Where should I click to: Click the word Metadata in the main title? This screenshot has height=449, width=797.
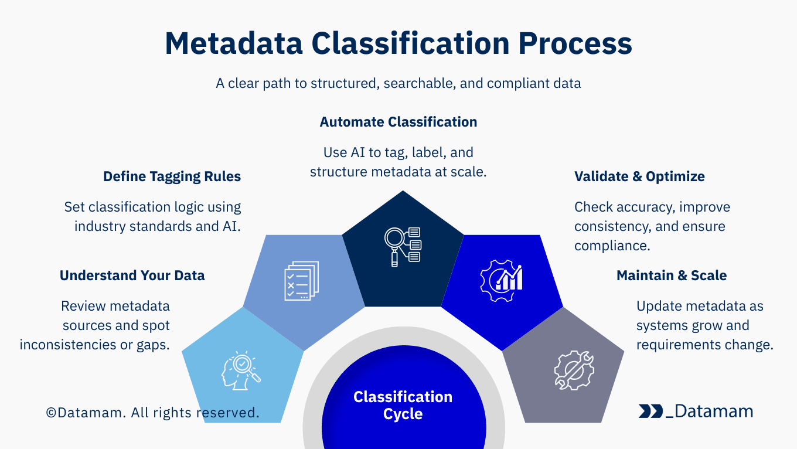point(233,44)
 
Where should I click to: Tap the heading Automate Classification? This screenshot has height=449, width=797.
point(398,122)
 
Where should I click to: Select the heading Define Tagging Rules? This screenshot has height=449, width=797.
point(172,176)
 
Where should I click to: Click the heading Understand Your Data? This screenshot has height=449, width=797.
point(132,275)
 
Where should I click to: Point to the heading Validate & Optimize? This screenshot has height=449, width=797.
point(639,176)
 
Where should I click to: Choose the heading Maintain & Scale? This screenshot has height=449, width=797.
point(672,275)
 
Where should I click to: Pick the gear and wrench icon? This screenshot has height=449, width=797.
point(574,370)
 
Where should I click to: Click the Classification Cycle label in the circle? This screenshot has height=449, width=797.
point(403,405)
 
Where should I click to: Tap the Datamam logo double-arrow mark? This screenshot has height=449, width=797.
point(651,411)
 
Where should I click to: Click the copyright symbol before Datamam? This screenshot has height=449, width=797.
point(52,413)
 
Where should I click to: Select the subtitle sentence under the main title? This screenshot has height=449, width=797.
point(398,83)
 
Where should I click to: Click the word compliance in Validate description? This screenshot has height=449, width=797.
point(611,246)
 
